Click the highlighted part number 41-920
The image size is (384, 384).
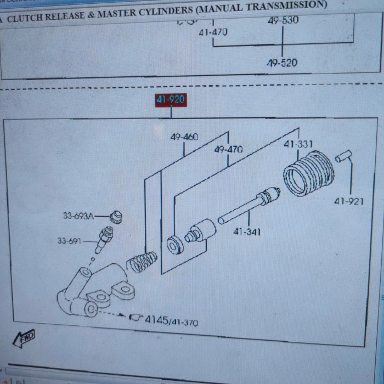point(171,100)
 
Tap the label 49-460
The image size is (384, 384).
point(184,137)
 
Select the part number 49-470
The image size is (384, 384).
point(228,149)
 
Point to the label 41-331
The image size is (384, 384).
point(298,145)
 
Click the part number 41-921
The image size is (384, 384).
point(349,201)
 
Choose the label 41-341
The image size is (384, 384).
point(247,231)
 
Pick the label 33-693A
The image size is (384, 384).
point(78,216)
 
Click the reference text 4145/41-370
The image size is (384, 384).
point(171,321)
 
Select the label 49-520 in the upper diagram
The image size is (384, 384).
point(282,63)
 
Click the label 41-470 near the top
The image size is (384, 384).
point(213,32)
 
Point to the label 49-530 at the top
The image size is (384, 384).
point(283,21)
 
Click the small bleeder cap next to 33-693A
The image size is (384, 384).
point(115,216)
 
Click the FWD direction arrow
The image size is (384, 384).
point(24,336)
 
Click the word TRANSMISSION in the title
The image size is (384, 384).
point(280,6)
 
